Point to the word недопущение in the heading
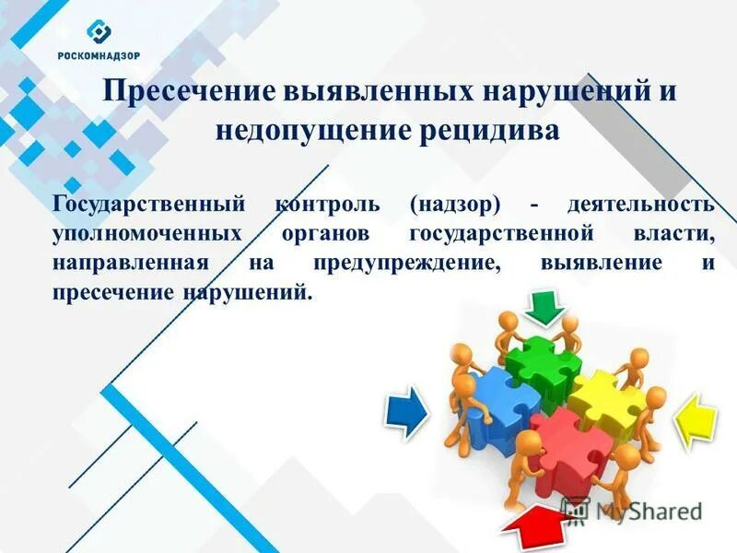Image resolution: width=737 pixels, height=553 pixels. (300, 132)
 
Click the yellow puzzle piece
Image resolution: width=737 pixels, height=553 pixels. (604, 396)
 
